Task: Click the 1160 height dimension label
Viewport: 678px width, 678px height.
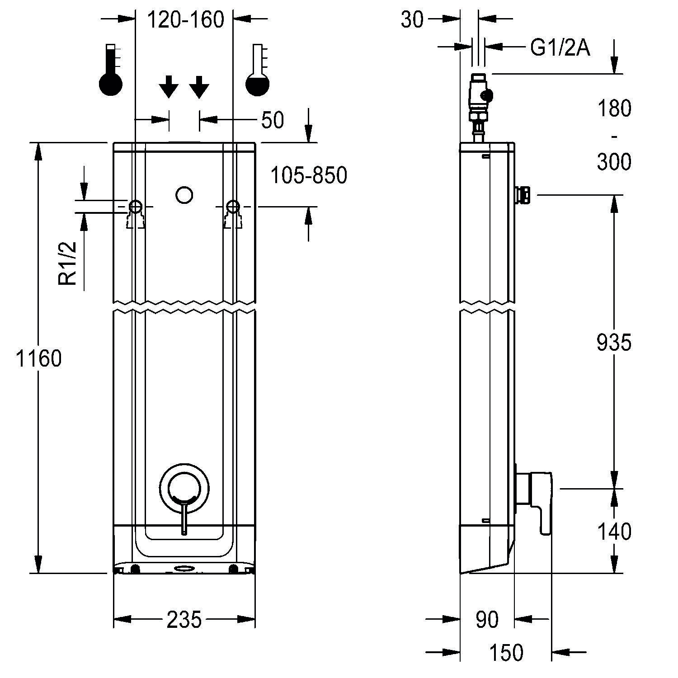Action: tap(38, 358)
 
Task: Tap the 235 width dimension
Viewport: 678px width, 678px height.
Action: tap(184, 619)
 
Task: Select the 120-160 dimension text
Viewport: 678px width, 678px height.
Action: tap(186, 20)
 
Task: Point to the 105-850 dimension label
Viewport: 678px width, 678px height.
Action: tap(309, 175)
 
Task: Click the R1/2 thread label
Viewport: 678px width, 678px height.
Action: tap(68, 263)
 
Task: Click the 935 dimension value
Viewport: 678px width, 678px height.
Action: tap(613, 343)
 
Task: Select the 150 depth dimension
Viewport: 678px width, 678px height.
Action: tap(506, 652)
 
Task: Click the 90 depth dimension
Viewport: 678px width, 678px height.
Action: tap(487, 619)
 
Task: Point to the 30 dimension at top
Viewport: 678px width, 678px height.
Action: tap(412, 20)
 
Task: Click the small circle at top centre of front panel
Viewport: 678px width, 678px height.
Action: tap(184, 195)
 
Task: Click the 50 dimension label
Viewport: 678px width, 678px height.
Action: tap(273, 120)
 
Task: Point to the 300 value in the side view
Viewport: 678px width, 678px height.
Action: tap(614, 162)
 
